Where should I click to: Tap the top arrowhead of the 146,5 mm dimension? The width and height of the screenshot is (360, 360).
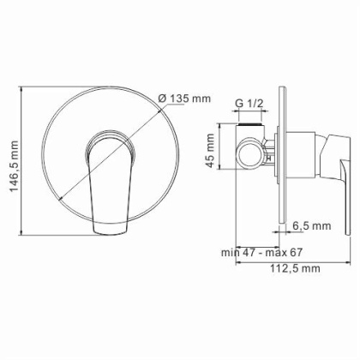tap(26, 88)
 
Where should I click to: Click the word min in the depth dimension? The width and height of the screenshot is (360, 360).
tap(228, 230)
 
